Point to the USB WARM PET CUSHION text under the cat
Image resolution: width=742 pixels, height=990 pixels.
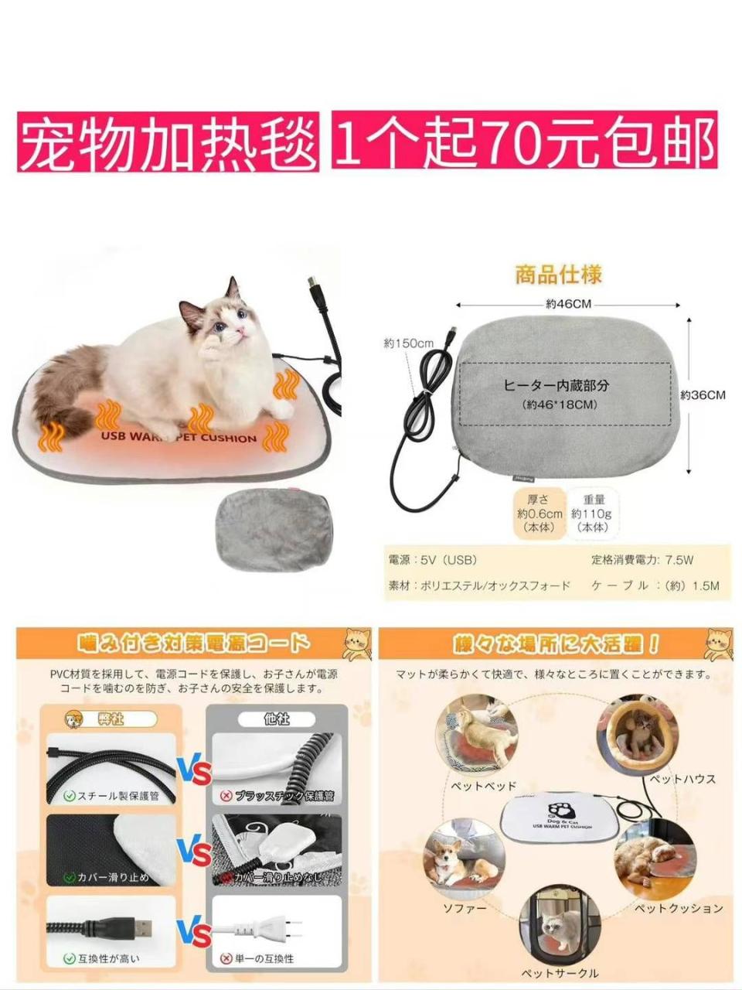[179, 437]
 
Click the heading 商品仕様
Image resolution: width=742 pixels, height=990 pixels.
[559, 275]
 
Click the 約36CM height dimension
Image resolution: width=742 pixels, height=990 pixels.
[703, 394]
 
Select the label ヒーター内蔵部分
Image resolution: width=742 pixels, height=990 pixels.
[556, 385]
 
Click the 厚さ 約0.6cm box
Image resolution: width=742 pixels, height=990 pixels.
[539, 513]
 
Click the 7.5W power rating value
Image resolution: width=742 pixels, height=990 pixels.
[679, 560]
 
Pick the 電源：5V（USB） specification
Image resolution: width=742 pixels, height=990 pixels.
[434, 560]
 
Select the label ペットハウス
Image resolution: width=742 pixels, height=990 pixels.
[682, 779]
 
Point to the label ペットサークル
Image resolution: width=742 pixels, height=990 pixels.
[560, 973]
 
